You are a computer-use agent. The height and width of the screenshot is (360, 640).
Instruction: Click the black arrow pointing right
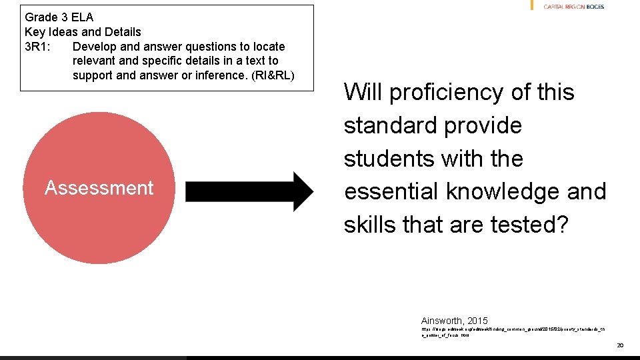point(248,192)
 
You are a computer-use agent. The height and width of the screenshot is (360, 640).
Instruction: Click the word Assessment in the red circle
point(99,189)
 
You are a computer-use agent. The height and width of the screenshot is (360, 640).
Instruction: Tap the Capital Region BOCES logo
point(573,6)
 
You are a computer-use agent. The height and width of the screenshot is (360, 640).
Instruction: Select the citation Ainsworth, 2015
point(454,320)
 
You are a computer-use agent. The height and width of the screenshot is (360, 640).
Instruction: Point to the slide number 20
point(619,345)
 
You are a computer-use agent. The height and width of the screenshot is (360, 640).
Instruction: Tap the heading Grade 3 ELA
point(59,17)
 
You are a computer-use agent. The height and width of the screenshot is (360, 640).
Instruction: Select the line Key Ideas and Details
point(83,32)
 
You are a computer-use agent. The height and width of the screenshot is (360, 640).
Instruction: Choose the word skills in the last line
point(370,225)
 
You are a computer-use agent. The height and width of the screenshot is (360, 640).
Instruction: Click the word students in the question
point(385,159)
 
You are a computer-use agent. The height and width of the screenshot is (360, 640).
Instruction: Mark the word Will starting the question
point(363,92)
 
